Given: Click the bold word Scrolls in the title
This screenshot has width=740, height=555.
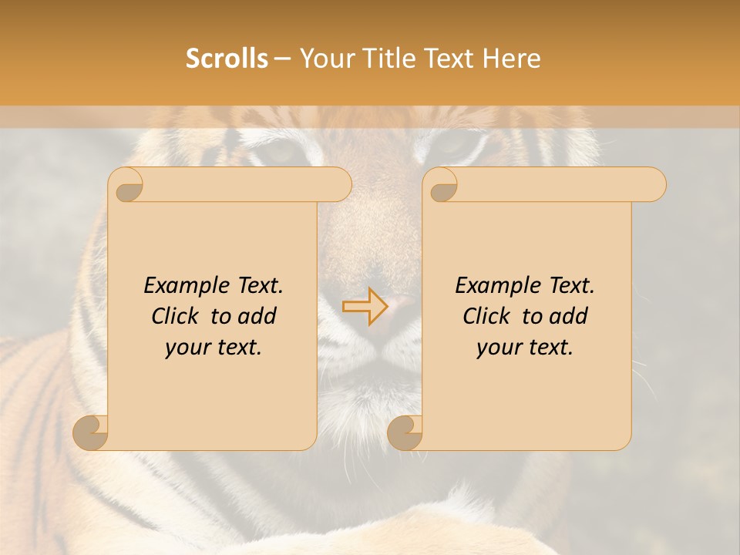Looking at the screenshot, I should point(227,59).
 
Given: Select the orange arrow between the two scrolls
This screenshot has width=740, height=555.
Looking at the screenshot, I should point(365,306).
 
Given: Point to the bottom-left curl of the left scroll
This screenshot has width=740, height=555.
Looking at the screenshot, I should point(91,432).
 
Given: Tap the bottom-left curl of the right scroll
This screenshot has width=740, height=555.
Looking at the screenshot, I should point(405,432).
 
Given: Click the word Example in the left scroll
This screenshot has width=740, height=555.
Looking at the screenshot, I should point(183,286).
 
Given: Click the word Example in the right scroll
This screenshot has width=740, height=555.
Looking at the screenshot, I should point(494,286).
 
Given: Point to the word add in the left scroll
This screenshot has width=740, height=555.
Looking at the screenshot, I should point(257,317).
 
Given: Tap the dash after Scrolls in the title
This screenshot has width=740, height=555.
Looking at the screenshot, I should point(283,59).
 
